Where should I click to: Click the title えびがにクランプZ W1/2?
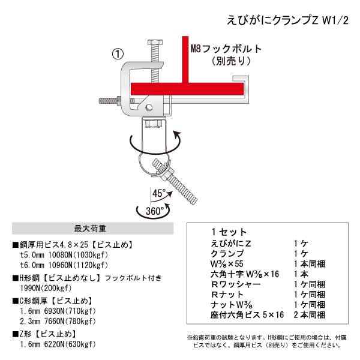click(x=287, y=20)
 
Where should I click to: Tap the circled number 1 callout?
click(x=118, y=54)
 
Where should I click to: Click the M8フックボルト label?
click(x=226, y=49)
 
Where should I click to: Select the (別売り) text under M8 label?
click(x=231, y=61)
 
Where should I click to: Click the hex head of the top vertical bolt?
click(x=155, y=42)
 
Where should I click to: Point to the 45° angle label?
click(x=159, y=193)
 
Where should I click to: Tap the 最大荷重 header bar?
click(x=92, y=229)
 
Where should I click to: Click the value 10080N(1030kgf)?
click(x=78, y=255)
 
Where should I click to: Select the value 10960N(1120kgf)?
click(x=78, y=265)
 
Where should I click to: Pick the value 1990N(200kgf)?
click(x=46, y=288)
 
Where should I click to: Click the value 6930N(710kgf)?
click(x=70, y=311)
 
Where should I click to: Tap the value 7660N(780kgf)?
click(x=70, y=321)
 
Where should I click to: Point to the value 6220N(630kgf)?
click(x=70, y=344)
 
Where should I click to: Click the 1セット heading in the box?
click(x=229, y=232)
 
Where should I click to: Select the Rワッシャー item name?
click(x=236, y=284)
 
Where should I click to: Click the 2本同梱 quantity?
click(x=309, y=315)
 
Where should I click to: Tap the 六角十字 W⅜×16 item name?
click(x=245, y=274)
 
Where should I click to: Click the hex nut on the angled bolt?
click(x=169, y=173)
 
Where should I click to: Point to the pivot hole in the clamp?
click(x=149, y=107)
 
